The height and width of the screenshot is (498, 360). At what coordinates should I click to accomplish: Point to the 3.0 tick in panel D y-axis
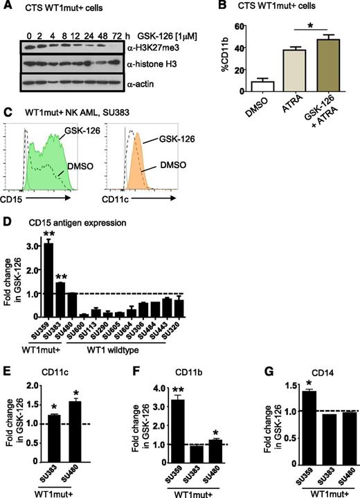tap(28, 245)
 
